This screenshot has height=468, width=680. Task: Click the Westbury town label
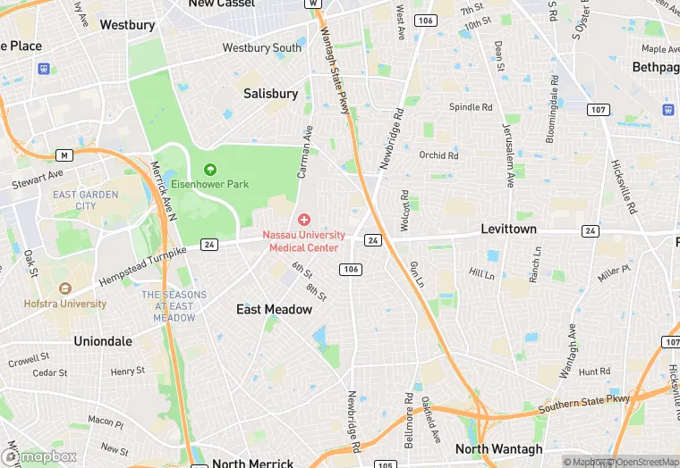point(127,25)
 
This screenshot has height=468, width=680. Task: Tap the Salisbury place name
point(270,94)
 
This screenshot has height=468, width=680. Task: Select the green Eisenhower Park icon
point(210,169)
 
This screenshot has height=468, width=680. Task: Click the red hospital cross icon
point(303,220)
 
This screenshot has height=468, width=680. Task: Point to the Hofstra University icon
point(64,288)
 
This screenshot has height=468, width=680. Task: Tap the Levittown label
point(509,230)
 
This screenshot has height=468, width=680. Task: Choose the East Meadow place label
point(274,309)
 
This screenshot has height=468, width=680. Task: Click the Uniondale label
point(103,341)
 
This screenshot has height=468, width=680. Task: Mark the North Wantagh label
point(498,449)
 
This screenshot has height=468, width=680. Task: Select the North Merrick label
point(253,464)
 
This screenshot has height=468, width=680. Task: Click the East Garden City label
point(86,200)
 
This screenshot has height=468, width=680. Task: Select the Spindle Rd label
point(471,107)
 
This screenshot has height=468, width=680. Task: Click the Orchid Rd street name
point(438,155)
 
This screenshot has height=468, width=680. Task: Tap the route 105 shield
point(385,464)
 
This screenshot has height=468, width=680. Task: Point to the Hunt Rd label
point(594,372)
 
